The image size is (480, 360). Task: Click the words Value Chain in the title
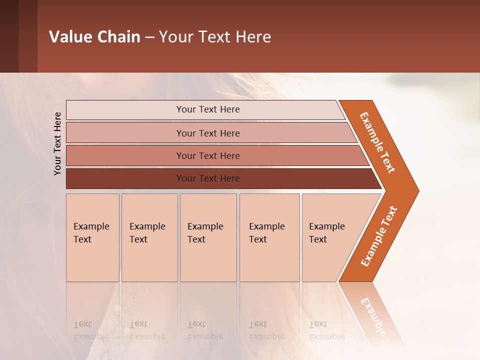tap(94, 37)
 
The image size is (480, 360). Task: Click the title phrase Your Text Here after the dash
tap(215, 37)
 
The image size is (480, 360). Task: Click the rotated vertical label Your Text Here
tap(57, 143)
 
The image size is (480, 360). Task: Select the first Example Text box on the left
tap(92, 237)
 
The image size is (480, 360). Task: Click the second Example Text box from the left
tap(149, 237)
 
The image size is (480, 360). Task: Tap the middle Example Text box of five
tap(208, 237)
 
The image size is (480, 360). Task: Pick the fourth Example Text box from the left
tap(269, 237)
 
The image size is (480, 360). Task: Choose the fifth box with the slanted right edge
tap(330, 237)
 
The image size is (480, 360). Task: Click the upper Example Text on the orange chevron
tap(377, 142)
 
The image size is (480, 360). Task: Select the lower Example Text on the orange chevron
tap(378, 236)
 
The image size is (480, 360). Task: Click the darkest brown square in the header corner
tap(9, 36)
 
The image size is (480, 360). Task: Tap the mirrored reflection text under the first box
tap(91, 330)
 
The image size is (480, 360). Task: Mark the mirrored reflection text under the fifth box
tap(326, 330)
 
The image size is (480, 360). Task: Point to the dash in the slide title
tap(149, 37)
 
